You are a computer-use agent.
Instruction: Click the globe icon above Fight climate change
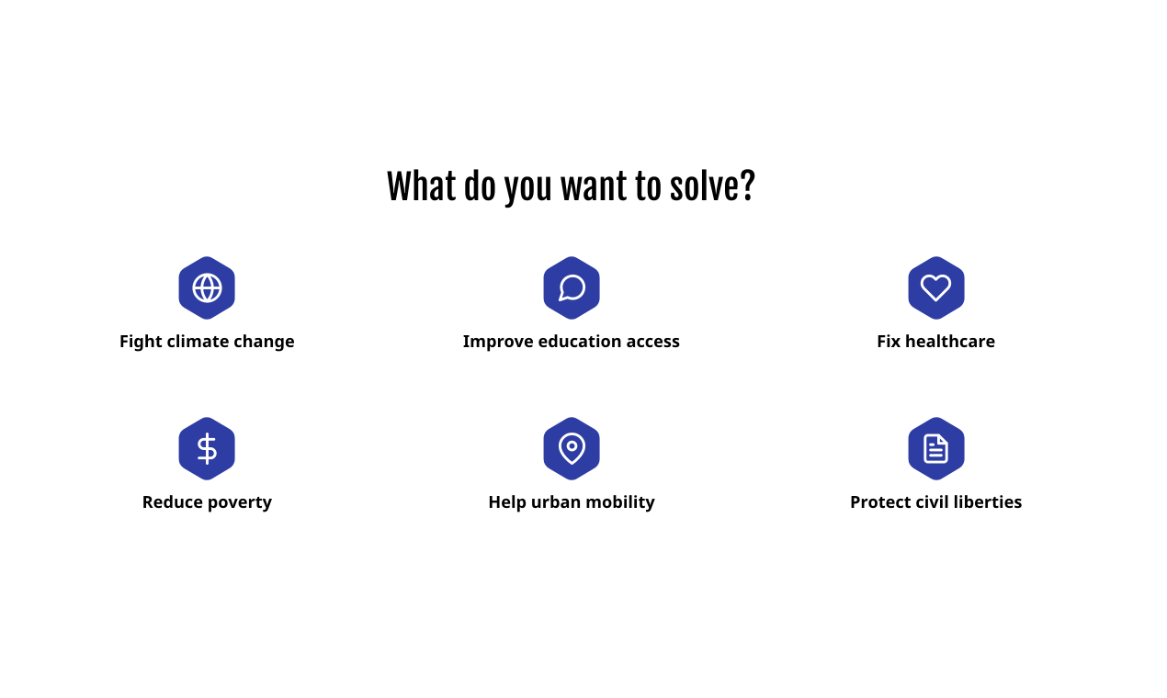207,287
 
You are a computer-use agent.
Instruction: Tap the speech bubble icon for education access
572,287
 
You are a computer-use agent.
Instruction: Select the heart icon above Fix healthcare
935,287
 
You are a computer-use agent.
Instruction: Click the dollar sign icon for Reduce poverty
207,448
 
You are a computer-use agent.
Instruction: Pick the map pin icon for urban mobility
572,448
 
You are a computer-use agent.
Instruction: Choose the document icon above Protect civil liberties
935,448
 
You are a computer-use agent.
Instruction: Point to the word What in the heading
421,186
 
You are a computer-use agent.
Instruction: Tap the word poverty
242,502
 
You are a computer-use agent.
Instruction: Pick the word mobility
621,502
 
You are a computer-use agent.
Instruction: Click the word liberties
988,502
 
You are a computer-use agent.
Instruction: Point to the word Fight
141,342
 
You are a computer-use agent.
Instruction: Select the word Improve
497,342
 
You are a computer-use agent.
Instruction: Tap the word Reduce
173,502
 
